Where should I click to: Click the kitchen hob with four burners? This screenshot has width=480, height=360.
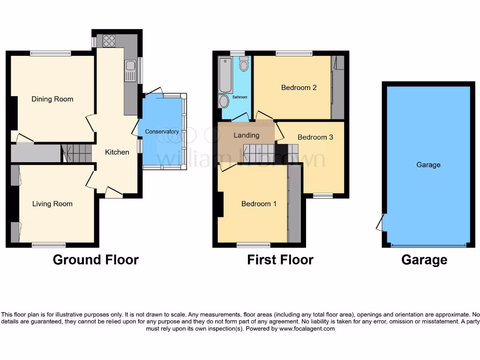[109, 41]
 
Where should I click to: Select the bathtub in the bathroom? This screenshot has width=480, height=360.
[225, 75]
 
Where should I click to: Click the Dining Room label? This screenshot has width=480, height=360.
[52, 99]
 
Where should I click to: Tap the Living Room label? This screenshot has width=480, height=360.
[52, 204]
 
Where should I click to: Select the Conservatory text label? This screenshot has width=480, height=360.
[162, 132]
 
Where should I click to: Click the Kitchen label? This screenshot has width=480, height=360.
[117, 152]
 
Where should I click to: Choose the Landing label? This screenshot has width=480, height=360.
[247, 135]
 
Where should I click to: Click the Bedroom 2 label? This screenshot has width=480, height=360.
[299, 88]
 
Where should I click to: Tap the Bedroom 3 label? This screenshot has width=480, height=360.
[315, 137]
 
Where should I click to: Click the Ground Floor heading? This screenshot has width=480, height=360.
[96, 260]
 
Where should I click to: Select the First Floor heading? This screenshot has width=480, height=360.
[280, 260]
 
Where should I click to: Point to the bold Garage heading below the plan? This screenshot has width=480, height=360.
[424, 260]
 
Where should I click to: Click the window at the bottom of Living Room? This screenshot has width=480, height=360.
[49, 244]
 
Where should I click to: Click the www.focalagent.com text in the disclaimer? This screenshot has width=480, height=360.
[307, 329]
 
